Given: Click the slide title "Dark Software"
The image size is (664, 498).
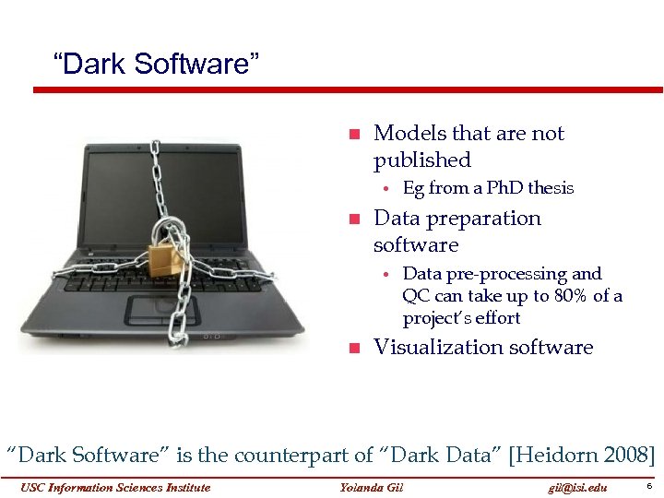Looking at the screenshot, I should pos(157,65).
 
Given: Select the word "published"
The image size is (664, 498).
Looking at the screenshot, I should pos(421,160).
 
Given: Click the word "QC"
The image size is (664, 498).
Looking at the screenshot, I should pos(415,296).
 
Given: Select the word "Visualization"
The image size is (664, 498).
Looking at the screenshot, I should pos(438,348).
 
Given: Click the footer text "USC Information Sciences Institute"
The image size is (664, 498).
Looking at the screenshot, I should pos(117,488).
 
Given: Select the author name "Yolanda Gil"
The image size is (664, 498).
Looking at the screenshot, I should pos(372,488).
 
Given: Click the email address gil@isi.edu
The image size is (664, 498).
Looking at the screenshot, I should pos(577,488).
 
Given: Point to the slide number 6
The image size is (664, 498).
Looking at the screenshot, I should pos(649,486).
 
